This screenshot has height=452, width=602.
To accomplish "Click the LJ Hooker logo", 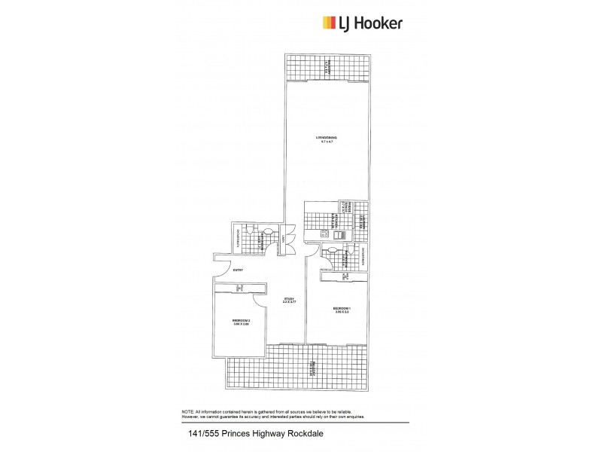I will click(x=362, y=23).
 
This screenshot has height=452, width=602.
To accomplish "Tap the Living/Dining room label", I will click(x=327, y=139).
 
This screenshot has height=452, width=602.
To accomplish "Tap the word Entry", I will click(x=238, y=270).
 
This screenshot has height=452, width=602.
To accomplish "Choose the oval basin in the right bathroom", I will click(x=332, y=250).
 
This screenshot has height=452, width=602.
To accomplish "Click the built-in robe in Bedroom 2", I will click(x=239, y=288).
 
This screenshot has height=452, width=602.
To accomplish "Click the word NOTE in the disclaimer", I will click(x=187, y=411).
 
